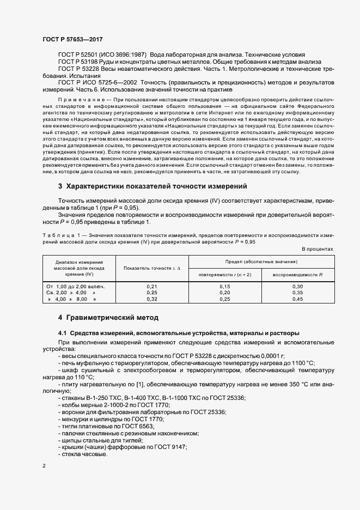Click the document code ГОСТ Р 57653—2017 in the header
point(72,40)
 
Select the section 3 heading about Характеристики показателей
point(153,186)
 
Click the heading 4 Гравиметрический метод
point(108,318)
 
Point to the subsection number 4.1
point(62,333)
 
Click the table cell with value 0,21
point(152,286)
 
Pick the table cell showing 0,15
point(225,286)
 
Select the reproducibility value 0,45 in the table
point(297,299)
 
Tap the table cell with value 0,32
point(152,299)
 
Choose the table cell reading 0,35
point(297,293)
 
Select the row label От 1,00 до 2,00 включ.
point(76,286)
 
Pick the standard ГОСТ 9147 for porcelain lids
point(171,447)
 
